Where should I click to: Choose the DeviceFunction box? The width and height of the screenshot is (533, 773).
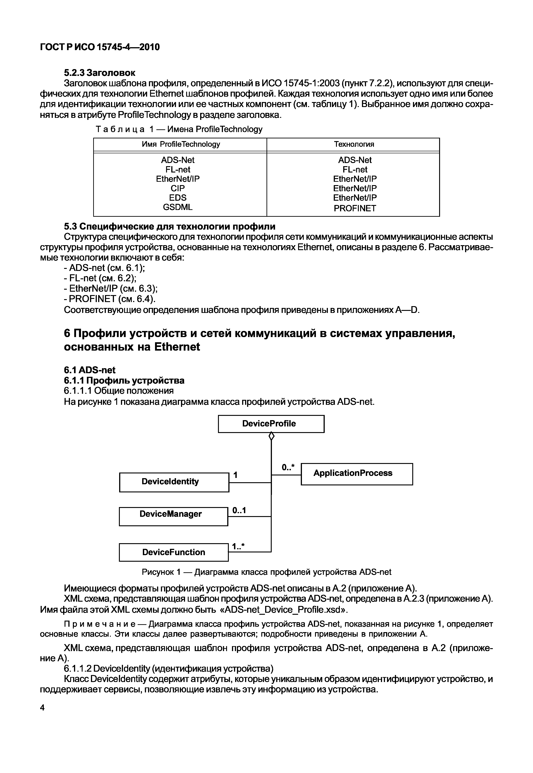coord(174,552)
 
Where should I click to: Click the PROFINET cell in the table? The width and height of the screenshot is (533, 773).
coord(355,208)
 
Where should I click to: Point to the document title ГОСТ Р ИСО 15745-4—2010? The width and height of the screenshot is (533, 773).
coord(100,47)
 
